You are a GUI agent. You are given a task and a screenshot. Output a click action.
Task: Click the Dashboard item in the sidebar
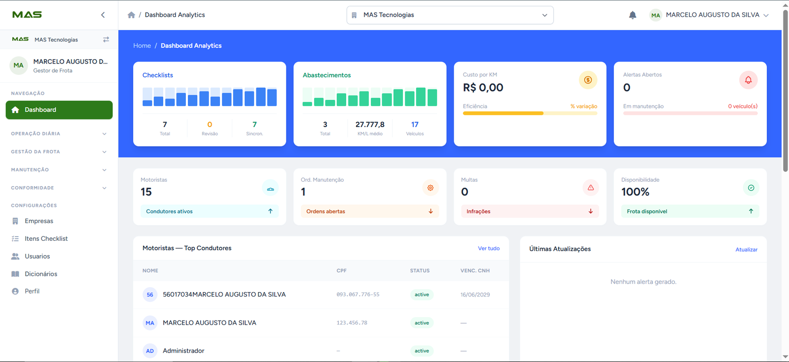tap(59, 110)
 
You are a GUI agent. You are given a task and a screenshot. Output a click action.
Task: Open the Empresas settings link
tap(39, 221)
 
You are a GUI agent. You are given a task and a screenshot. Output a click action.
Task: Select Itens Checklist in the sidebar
tap(46, 238)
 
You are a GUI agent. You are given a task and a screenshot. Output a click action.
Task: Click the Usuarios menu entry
tap(37, 256)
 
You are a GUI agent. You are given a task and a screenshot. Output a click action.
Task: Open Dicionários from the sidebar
tap(40, 274)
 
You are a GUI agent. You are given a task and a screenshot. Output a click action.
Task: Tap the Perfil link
tap(32, 291)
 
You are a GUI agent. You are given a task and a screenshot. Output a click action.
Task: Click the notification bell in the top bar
tap(633, 15)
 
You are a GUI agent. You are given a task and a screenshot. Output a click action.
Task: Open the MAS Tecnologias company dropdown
tap(450, 15)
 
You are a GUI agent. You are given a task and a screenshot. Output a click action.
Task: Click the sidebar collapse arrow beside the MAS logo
tap(103, 15)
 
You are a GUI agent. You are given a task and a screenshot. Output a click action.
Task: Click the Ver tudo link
tap(489, 248)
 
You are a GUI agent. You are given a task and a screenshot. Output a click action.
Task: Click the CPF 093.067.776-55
tap(358, 295)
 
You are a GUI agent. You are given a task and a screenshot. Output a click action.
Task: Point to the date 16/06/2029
tap(475, 295)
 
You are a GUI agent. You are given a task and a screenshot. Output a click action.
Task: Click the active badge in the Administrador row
tap(422, 351)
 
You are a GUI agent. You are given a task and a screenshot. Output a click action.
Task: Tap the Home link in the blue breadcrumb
tap(142, 46)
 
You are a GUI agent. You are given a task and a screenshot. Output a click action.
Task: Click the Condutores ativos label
tap(169, 211)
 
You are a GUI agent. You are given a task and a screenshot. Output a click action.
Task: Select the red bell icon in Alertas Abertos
tap(748, 80)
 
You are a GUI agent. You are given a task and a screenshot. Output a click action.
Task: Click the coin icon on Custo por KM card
tap(588, 80)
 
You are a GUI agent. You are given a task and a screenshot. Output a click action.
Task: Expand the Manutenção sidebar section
tap(59, 170)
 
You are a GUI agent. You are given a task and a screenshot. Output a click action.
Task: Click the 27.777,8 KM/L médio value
tap(370, 125)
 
